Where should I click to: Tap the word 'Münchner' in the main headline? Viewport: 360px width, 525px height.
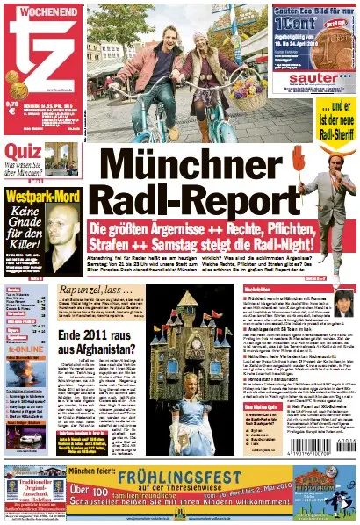pos(195,166)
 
